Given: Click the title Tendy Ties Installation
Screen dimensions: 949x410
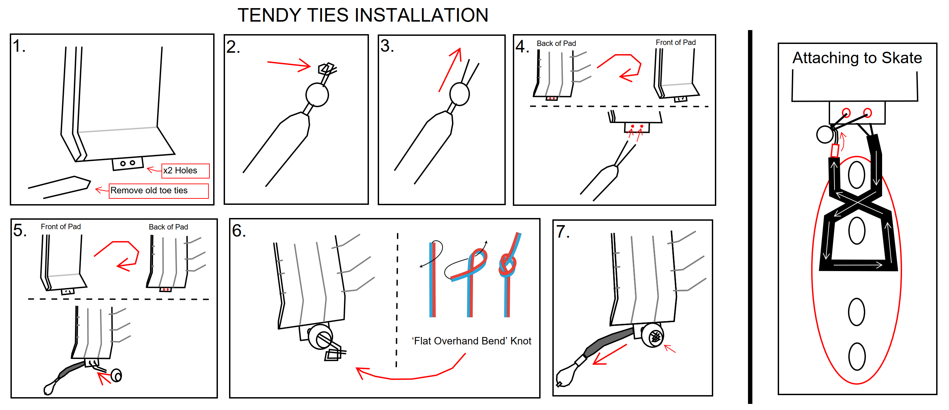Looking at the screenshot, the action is (363, 16).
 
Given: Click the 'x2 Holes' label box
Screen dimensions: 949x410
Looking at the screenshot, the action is (185, 171).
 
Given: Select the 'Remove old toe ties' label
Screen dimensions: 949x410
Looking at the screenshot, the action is (159, 191).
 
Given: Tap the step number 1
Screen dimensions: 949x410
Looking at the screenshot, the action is (19, 46).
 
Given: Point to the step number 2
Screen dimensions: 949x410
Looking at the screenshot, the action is (233, 47).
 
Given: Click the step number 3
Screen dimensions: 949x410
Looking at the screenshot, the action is (387, 46).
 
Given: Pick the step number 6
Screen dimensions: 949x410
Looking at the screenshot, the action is (239, 231).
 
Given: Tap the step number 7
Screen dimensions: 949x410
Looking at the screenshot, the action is (563, 232).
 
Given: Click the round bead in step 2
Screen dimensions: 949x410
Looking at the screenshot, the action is (317, 95).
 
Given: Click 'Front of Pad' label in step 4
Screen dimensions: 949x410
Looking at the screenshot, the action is (675, 42).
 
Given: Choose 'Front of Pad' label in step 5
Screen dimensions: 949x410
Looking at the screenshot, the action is (60, 227).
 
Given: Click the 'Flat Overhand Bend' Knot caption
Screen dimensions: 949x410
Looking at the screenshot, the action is (471, 341).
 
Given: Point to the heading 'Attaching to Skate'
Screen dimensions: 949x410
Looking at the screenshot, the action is (857, 58).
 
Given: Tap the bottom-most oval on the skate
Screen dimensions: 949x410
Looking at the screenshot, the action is (856, 357).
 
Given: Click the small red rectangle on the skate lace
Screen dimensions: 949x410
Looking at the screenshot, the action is (835, 151).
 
